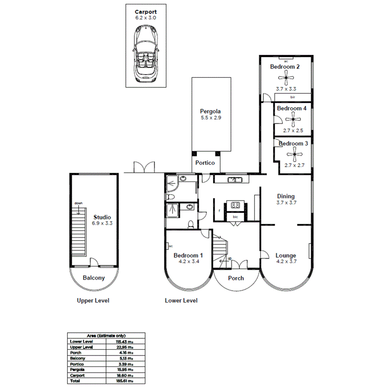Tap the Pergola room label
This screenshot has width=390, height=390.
210,112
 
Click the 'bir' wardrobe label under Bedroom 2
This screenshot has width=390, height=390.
292,97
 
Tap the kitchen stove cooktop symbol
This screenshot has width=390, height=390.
235,205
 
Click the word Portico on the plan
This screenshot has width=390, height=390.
205,163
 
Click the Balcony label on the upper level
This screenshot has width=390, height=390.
93,278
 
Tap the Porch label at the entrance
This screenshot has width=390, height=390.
236,278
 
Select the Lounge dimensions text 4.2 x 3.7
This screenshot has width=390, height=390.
286,262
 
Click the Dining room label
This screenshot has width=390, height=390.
286,196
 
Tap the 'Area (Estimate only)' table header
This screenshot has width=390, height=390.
106,336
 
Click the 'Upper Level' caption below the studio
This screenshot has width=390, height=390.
93,300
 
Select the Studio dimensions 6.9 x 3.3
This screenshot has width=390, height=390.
102,223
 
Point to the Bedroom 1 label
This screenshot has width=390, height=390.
188,255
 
